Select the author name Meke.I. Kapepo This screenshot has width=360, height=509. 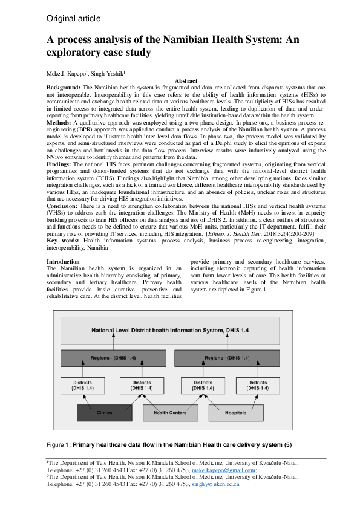coord(67,73)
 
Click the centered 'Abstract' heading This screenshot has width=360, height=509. coord(186,81)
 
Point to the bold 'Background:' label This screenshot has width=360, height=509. coord(63,88)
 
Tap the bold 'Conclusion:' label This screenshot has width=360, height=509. coord(64,206)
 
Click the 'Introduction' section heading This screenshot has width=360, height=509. coord(63,261)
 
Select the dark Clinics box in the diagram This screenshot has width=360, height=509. coord(103,413)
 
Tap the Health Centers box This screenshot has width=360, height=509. coord(170,413)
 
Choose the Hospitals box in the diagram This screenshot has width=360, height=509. coord(236,413)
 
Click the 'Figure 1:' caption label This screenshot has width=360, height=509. coord(59,445)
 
